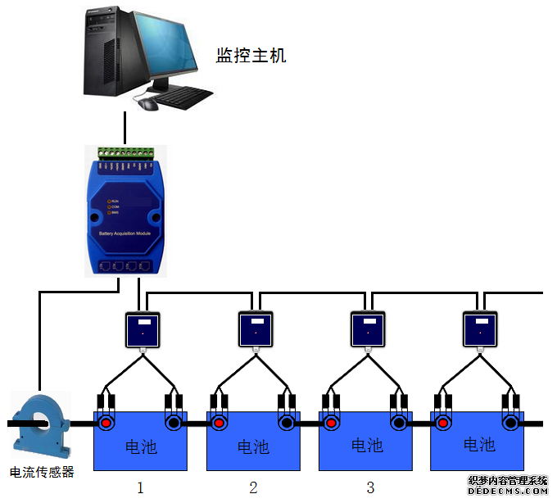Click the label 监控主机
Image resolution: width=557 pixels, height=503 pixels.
[251, 56]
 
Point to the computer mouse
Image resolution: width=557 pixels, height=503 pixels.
[148, 104]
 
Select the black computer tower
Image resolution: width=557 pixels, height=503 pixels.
[107, 49]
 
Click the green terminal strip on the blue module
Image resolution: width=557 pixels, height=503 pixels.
[125, 153]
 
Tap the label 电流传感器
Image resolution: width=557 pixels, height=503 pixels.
[42, 473]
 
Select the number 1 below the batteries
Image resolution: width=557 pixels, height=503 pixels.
[140, 487]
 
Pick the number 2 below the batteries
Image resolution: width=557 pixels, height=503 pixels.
[253, 487]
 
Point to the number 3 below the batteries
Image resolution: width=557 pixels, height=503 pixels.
[370, 487]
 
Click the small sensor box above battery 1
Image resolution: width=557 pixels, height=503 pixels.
[143, 329]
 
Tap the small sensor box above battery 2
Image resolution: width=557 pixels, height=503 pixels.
[256, 329]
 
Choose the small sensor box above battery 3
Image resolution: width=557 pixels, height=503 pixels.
[368, 329]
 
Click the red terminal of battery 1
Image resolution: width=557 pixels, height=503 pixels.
[107, 424]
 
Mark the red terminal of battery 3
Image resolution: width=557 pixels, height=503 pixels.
[331, 424]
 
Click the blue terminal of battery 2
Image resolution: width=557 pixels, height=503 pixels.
[286, 424]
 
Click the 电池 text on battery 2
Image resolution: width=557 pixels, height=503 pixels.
[253, 447]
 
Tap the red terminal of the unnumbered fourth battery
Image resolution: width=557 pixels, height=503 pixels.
[443, 424]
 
